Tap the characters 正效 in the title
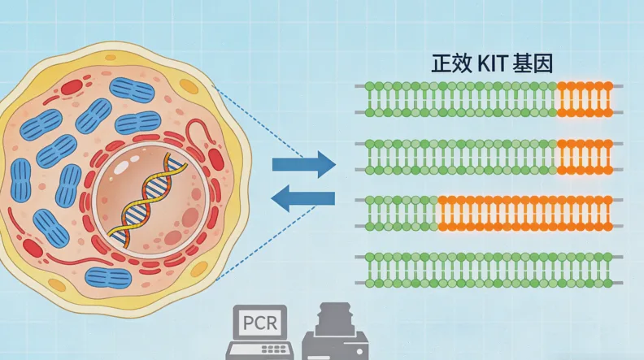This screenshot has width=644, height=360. click(446, 64)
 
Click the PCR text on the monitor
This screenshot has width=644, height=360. click(260, 324)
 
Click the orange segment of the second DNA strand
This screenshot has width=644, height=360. click(583, 156)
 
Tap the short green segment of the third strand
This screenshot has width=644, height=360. click(400, 212)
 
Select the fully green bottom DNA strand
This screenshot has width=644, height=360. click(488, 269)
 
